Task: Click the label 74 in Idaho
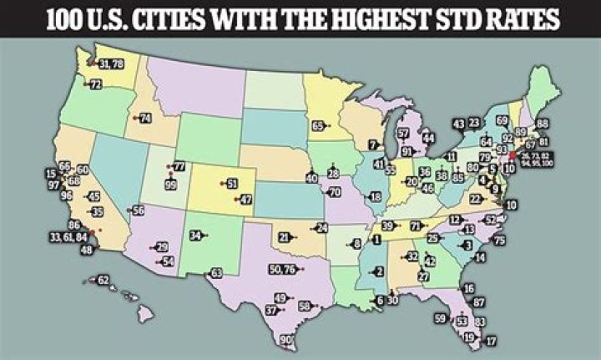(x=145, y=119)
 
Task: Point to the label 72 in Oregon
(x=95, y=84)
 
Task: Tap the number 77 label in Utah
(x=178, y=167)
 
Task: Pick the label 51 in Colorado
(x=232, y=183)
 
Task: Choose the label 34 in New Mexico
(x=194, y=236)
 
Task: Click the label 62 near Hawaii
(x=104, y=280)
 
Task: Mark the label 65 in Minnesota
(x=318, y=125)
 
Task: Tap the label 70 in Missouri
(x=335, y=192)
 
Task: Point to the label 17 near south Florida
(x=491, y=341)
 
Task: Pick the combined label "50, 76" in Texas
(x=284, y=269)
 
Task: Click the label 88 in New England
(x=543, y=124)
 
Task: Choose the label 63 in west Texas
(x=216, y=273)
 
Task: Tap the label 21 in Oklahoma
(x=284, y=238)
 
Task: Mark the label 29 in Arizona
(x=162, y=247)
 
